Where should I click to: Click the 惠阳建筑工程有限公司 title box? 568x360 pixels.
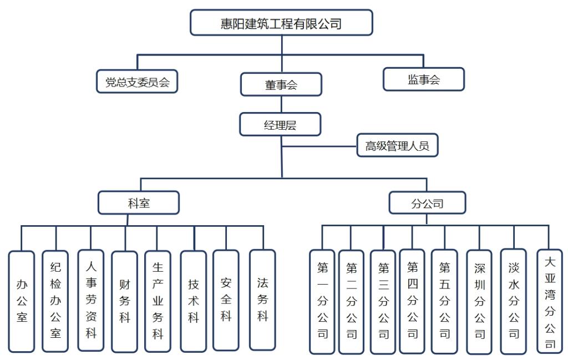tap(281, 23)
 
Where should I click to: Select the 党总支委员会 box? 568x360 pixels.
tap(137, 81)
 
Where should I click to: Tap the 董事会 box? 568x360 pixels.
tap(281, 85)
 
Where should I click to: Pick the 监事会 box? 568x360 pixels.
tap(424, 79)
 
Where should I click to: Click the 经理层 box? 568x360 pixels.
tap(280, 125)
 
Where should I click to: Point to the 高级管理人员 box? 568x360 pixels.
tap(397, 146)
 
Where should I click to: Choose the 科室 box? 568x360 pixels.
tap(139, 203)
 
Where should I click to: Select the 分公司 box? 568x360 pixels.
tap(427, 203)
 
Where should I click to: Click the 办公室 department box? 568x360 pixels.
tap(22, 301)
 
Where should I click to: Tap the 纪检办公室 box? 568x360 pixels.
tap(55, 301)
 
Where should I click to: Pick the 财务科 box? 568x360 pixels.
tap(124, 302)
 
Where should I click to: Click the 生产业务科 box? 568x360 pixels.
tap(158, 301)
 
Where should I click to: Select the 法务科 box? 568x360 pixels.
tap(262, 300)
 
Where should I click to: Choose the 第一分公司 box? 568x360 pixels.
tap(322, 302)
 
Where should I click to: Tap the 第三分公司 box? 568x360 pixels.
tap(383, 302)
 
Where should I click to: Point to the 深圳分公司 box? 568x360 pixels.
tap(479, 302)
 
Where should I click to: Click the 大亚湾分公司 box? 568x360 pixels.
tap(550, 301)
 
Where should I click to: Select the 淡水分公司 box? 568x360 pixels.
tap(513, 301)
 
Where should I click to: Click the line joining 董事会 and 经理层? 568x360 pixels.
tap(281, 104)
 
